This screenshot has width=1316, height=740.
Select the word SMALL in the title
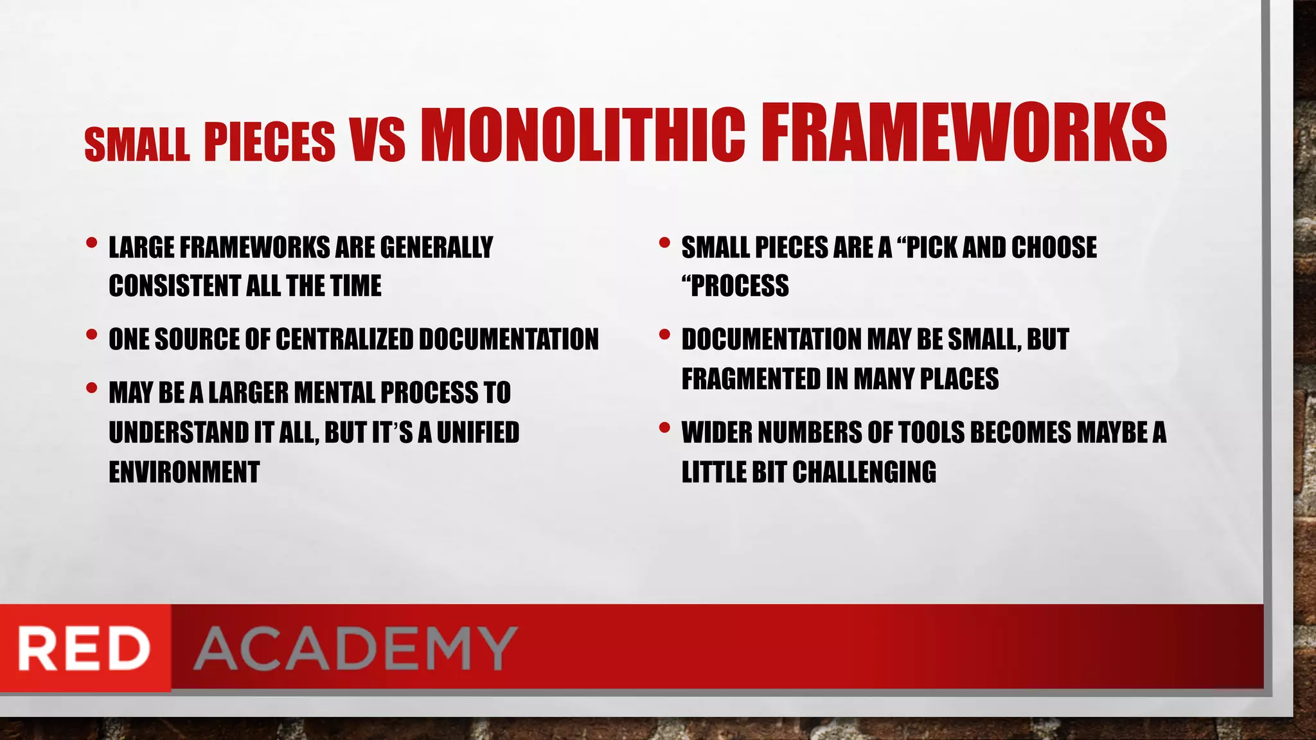137,144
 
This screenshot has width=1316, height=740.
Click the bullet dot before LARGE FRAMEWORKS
91,243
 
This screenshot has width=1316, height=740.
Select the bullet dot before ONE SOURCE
91,335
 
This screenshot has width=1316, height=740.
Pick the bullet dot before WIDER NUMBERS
664,427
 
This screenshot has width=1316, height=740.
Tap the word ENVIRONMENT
184,472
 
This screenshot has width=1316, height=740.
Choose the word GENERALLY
436,248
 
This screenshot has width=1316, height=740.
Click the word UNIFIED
477,432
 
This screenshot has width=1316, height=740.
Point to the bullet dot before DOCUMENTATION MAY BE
664,335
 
